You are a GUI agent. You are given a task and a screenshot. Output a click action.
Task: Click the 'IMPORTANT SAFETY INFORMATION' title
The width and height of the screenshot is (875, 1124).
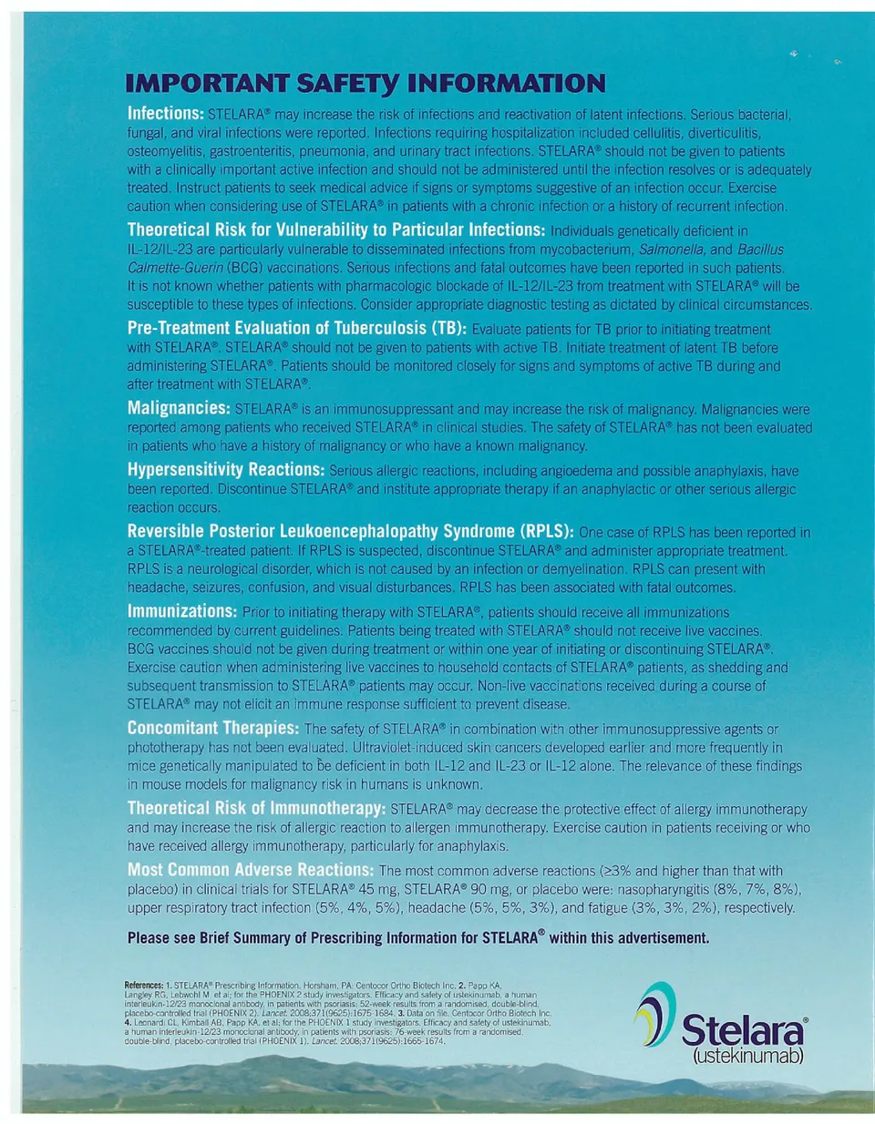tap(365, 84)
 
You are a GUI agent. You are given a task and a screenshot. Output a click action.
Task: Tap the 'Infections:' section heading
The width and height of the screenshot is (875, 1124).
tap(165, 114)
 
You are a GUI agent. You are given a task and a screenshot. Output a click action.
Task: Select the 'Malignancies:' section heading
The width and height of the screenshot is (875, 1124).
tap(179, 408)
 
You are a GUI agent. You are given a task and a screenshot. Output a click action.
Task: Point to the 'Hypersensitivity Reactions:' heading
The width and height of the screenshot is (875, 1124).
tap(225, 470)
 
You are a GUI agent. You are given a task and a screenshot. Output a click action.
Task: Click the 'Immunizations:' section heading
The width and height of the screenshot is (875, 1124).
tap(181, 611)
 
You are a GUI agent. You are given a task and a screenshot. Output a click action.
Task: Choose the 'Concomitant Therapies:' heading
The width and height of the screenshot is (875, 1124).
tap(212, 728)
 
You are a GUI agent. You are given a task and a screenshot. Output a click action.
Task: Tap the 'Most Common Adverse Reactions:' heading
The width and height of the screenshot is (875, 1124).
tap(250, 870)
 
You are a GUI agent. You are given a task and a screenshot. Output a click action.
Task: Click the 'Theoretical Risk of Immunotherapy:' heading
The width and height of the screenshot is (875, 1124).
tap(256, 808)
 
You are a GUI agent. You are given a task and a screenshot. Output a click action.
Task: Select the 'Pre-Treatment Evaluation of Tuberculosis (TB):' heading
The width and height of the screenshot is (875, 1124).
tap(296, 328)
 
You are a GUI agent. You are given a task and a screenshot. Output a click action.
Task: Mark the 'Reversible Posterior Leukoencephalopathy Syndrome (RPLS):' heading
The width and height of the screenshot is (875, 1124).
tap(350, 531)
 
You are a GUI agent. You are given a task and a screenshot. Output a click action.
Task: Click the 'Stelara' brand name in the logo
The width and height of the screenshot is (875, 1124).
tap(743, 1031)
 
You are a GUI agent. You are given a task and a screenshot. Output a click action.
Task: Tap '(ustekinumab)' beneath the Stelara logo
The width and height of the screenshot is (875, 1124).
tap(748, 1057)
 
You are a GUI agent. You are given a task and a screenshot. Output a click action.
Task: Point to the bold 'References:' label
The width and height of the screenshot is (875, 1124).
tap(144, 986)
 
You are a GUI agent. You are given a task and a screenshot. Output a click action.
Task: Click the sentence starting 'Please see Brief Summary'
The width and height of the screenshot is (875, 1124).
tap(417, 937)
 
